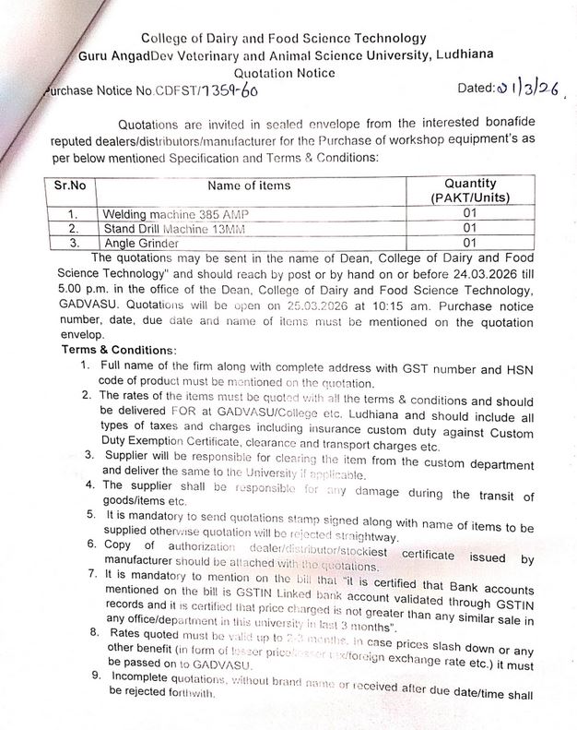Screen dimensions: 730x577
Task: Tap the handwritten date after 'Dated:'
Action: point(528,89)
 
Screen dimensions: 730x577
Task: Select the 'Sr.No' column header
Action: point(71,185)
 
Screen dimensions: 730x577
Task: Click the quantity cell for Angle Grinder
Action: point(469,242)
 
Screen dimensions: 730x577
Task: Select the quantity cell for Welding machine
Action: point(469,213)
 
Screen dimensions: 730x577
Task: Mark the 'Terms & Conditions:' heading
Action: point(118,351)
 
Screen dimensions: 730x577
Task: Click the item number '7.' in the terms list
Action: point(96,573)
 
